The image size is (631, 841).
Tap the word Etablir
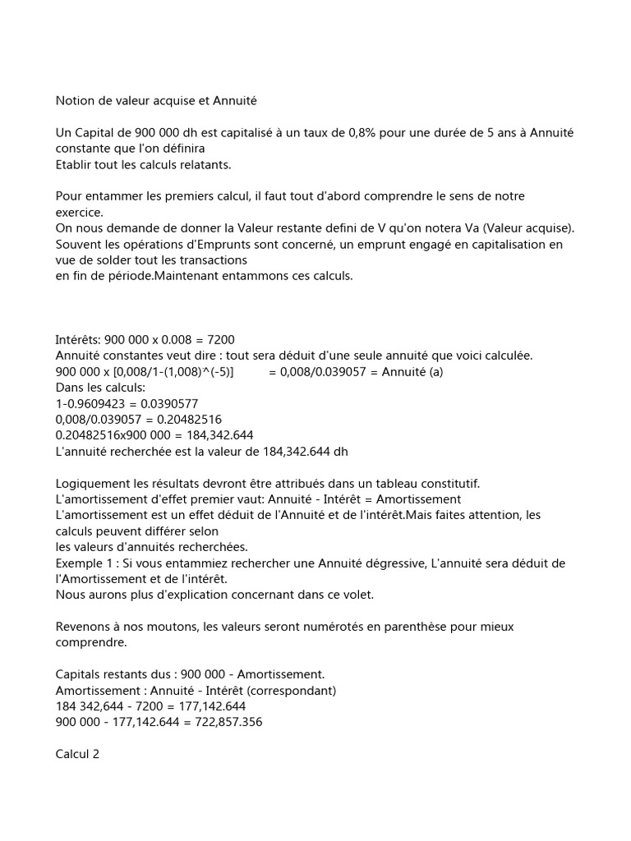pyautogui.click(x=75, y=163)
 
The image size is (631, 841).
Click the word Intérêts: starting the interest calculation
pyautogui.click(x=81, y=339)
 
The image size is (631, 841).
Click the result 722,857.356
pyautogui.click(x=223, y=722)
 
